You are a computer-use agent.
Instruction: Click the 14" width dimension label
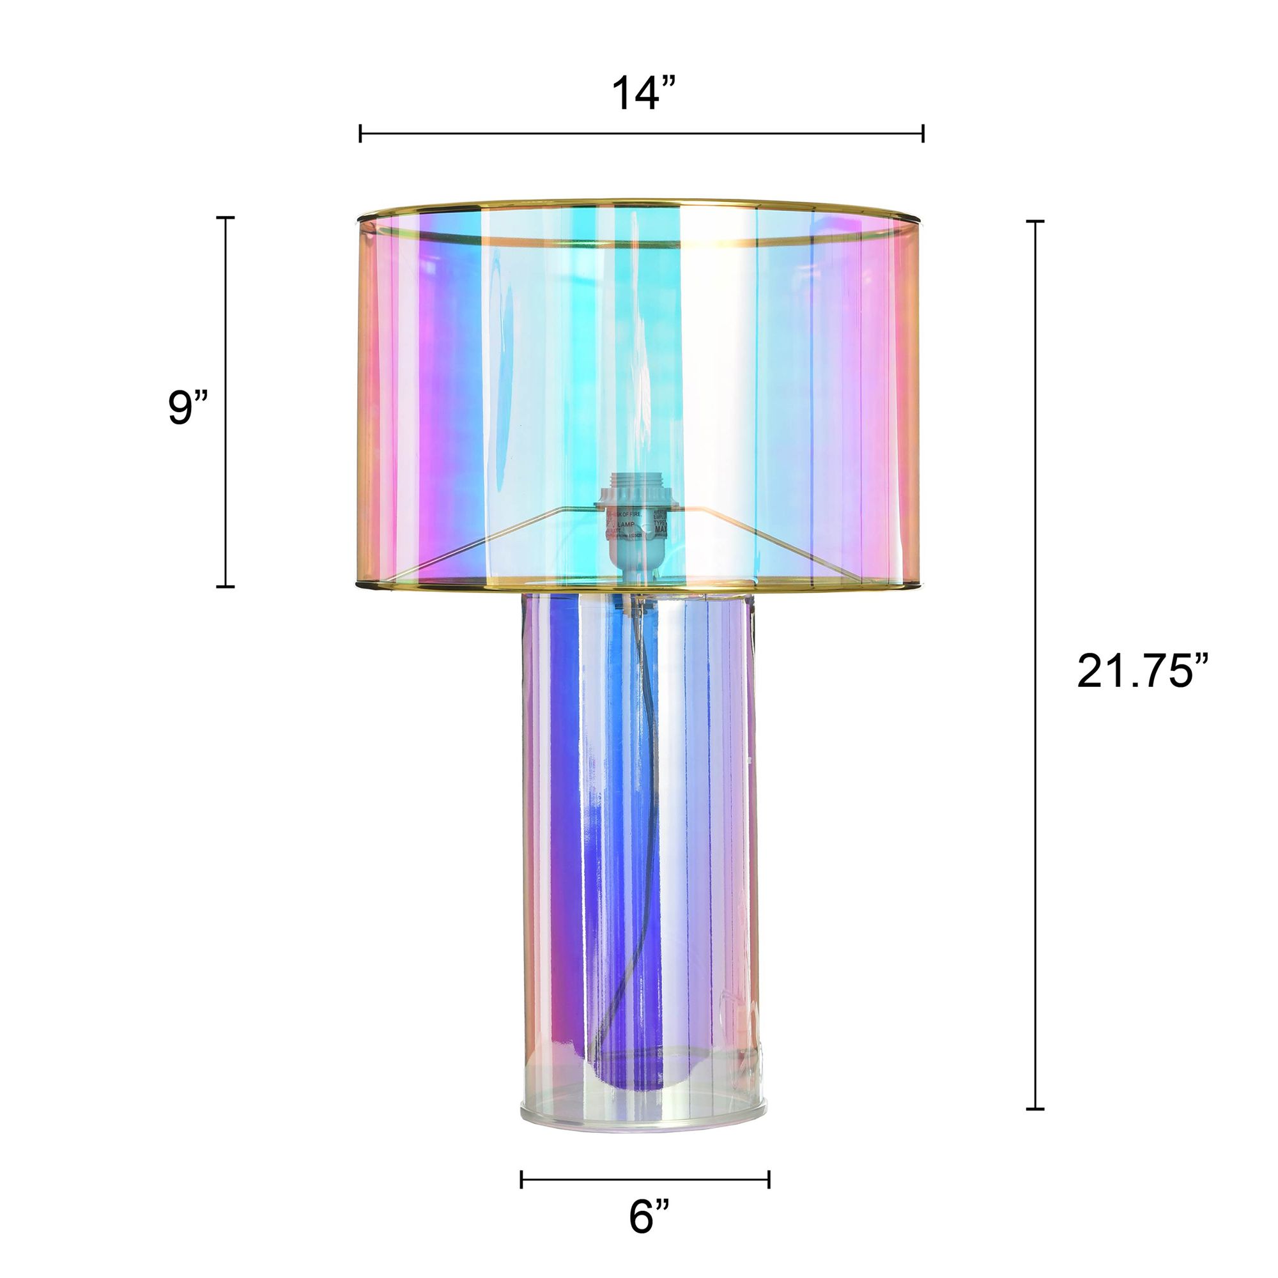click(643, 94)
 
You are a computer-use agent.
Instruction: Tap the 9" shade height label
click(188, 408)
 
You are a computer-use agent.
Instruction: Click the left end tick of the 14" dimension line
click(360, 133)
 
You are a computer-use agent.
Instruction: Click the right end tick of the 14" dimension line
click(923, 133)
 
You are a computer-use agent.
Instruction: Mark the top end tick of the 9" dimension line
click(226, 218)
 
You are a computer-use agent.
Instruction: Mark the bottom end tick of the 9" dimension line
click(226, 586)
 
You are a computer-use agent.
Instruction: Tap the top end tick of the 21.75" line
click(1035, 222)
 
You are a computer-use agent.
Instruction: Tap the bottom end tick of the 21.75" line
click(1035, 1109)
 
